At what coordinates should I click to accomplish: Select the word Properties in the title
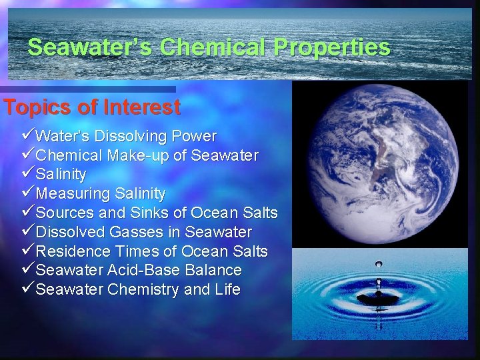point(331,47)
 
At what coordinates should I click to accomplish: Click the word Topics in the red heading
point(39,107)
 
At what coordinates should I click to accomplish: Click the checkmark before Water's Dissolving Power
point(28,136)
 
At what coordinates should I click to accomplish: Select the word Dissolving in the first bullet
point(131,137)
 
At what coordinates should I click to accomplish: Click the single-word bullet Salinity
point(61,175)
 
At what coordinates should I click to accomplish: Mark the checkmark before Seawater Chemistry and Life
point(28,289)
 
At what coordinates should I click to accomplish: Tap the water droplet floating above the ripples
point(379,265)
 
